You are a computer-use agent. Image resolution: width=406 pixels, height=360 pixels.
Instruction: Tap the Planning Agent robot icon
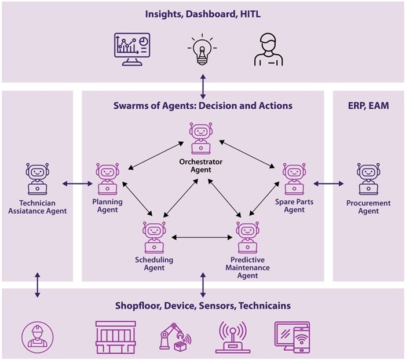click(x=107, y=178)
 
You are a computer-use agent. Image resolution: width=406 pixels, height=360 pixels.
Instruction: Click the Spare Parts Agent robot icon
click(x=294, y=178)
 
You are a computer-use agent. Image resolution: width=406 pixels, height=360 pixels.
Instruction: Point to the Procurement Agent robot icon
click(x=368, y=179)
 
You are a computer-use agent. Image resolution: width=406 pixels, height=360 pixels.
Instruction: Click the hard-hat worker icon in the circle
click(x=37, y=335)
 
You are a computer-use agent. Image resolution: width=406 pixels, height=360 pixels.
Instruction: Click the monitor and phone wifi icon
click(x=292, y=336)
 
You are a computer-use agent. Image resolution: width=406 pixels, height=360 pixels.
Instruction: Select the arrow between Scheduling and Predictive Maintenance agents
click(x=202, y=237)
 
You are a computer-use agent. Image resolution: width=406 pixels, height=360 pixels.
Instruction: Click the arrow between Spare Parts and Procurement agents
click(x=328, y=183)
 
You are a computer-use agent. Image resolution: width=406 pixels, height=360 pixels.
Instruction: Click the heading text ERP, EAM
click(x=368, y=106)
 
